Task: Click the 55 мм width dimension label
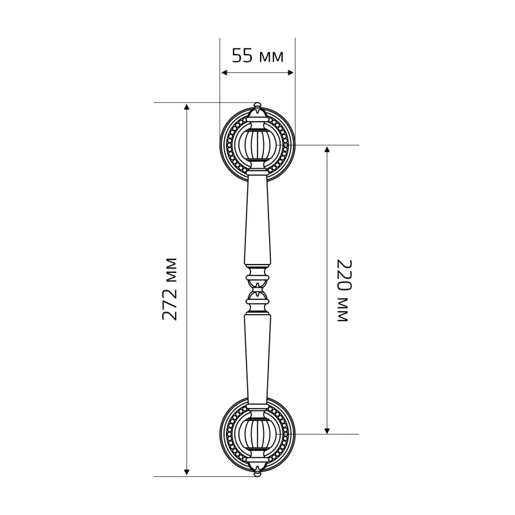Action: point(257,55)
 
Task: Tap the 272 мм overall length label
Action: point(170,289)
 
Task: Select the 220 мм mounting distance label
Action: point(344,291)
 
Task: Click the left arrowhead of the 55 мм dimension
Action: point(224,73)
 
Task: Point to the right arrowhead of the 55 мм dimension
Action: point(291,73)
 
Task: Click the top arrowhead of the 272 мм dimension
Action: point(187,107)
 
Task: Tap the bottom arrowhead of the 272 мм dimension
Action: point(187,473)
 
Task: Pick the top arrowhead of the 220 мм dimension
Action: point(327,149)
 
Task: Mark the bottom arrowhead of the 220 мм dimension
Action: point(327,430)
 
